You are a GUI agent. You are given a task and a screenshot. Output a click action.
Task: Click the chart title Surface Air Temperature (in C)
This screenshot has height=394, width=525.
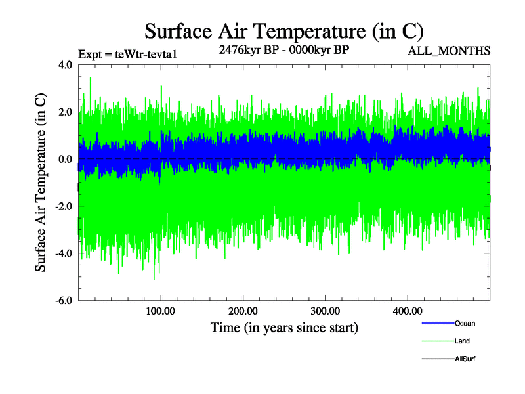(283, 31)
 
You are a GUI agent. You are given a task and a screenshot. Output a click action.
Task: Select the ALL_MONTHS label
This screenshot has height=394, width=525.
(450, 51)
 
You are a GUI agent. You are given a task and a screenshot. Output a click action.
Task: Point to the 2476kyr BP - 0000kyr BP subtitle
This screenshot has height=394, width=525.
(283, 50)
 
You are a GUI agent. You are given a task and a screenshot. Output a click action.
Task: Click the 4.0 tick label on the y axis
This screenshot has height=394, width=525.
(64, 65)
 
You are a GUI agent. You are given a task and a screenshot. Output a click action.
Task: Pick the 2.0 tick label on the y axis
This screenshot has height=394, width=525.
(64, 112)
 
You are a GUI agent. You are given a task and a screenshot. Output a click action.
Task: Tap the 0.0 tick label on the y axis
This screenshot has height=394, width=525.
(64, 160)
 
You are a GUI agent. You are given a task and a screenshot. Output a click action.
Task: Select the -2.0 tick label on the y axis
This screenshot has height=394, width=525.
(63, 207)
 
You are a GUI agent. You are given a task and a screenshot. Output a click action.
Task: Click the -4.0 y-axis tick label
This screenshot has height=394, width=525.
(63, 253)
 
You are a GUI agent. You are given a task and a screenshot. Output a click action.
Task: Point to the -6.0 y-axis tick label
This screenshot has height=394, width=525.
(63, 301)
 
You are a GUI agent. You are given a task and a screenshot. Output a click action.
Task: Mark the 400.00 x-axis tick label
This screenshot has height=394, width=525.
(407, 311)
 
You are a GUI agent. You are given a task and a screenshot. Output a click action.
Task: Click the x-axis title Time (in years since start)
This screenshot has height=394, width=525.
(283, 326)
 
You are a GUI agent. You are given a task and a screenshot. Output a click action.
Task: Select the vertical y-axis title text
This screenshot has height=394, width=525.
(41, 183)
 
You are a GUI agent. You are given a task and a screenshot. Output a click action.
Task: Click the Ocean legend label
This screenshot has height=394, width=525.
(465, 324)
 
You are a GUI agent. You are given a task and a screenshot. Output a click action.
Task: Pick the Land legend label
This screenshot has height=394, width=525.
(462, 341)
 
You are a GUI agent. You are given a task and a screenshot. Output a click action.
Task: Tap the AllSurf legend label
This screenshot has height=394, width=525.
(465, 359)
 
